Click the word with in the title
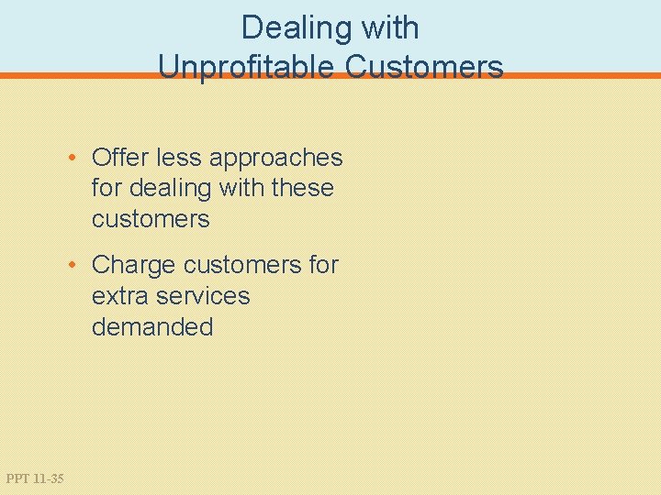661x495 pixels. click(x=390, y=28)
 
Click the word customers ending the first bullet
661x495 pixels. click(x=151, y=219)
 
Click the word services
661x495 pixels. click(x=203, y=296)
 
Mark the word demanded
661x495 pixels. click(x=152, y=326)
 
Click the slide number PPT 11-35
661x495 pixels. click(x=35, y=478)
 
